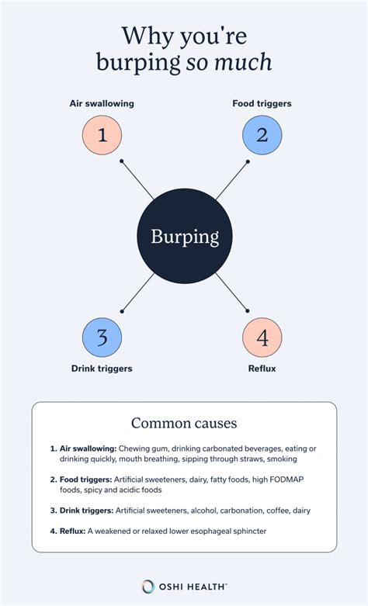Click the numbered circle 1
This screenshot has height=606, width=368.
102,135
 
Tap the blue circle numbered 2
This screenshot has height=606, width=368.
262,135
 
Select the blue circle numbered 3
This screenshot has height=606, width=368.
102,338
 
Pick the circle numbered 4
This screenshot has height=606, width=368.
262,338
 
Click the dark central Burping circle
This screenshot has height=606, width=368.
185,236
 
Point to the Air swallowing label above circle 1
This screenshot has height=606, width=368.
102,103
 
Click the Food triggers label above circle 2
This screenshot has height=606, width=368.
262,103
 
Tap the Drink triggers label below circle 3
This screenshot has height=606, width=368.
102,369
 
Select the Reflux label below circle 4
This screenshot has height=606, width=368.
262,369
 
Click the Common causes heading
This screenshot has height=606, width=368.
184,423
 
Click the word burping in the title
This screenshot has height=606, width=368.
138,63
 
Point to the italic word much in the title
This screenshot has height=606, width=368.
243,62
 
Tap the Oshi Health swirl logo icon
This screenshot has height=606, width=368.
148,587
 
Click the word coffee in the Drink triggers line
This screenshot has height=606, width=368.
277,511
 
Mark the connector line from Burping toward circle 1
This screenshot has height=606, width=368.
137,180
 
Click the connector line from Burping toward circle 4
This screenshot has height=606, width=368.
231,293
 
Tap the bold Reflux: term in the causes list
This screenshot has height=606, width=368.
72,532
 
